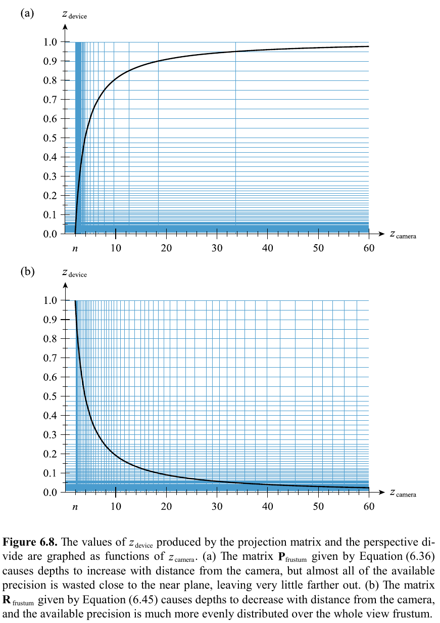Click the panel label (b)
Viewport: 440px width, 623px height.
tap(27, 272)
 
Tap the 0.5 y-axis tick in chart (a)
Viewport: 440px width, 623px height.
tap(50, 138)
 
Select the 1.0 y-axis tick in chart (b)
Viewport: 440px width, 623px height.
tap(50, 300)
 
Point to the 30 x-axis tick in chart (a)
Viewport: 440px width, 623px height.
tap(217, 248)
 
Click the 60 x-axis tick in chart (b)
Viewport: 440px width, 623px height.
tap(369, 507)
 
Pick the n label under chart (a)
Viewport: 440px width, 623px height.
tap(75, 249)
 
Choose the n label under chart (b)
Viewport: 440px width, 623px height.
tap(75, 507)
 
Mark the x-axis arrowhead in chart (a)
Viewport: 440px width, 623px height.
tap(381, 234)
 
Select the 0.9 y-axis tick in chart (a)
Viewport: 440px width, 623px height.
tap(50, 61)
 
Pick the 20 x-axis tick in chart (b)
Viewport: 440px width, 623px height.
tap(166, 507)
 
